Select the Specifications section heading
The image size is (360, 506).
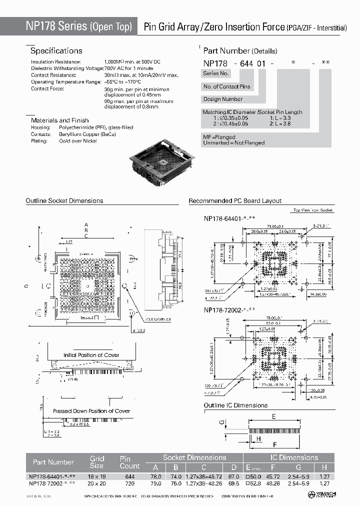[x=56, y=51]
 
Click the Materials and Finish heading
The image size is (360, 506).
[x=59, y=120]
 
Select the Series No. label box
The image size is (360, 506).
[x=216, y=73]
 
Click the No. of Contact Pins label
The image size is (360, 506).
[x=226, y=86]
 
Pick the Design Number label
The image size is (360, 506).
[x=222, y=99]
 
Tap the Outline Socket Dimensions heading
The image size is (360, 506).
[x=64, y=201]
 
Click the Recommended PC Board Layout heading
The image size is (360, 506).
[x=234, y=201]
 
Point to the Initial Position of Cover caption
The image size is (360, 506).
[x=91, y=355]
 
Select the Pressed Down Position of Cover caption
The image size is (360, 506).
[x=91, y=411]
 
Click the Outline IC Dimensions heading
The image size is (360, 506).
[x=235, y=405]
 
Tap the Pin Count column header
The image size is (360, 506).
[x=129, y=462]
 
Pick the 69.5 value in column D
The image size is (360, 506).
[x=234, y=483]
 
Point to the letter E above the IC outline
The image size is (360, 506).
[x=274, y=416]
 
